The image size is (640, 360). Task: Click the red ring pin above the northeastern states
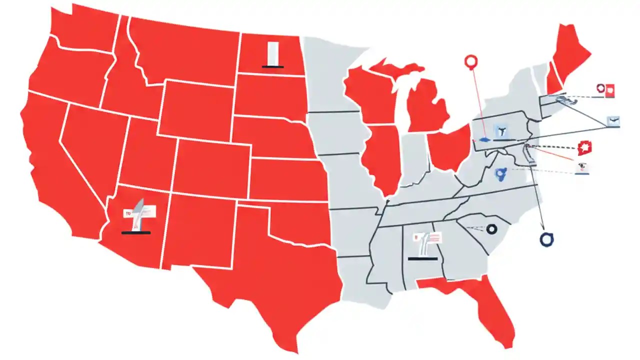tap(471, 62)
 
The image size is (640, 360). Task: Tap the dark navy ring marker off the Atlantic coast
tap(547, 239)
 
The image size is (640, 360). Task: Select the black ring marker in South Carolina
tap(492, 229)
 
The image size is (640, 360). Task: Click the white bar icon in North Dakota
tap(272, 54)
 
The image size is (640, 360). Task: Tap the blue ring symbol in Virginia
tap(499, 173)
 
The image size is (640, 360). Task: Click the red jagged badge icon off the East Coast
tap(583, 148)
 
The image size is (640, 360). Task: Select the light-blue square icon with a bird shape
tap(613, 120)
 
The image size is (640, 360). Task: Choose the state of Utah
tap(145, 155)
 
